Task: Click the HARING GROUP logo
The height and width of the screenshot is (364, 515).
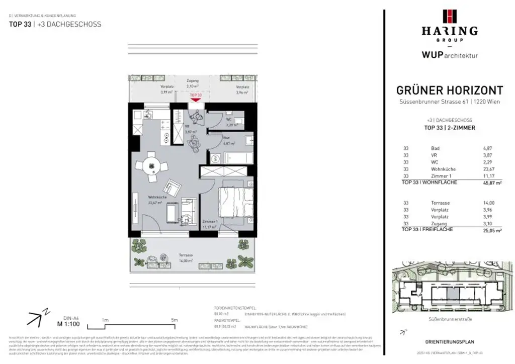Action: coord(449,26)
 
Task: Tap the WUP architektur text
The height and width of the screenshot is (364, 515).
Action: coord(449,55)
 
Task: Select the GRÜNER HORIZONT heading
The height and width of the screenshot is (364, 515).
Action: coord(449,90)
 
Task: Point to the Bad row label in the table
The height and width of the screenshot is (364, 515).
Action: coord(435,148)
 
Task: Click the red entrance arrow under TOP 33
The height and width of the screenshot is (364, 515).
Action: coord(196,100)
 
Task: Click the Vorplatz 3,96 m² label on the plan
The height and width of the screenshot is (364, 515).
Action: coord(243,89)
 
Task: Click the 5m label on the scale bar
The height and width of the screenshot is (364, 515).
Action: coord(175,320)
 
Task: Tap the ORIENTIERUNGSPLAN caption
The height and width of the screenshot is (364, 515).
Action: coord(449,342)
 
